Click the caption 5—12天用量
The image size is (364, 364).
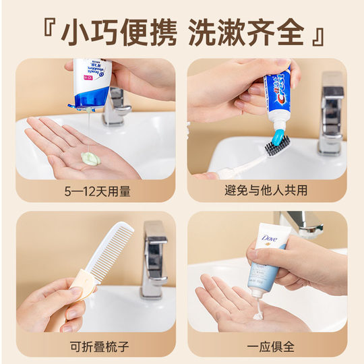97,192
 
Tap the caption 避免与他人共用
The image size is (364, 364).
266,192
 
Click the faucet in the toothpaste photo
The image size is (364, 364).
330,115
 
